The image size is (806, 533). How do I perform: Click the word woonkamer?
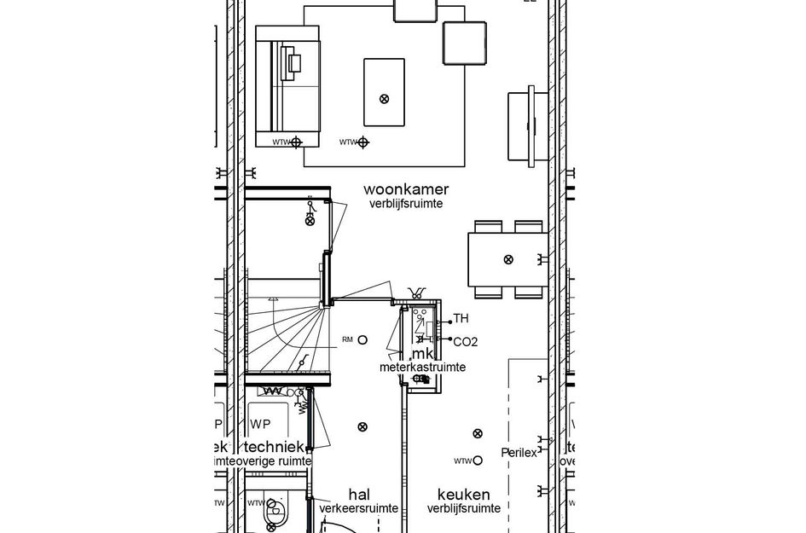pos(406,188)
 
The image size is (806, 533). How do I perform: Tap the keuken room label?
pos(464,494)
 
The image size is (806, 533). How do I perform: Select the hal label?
pos(359,494)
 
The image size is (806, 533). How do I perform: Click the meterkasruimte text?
pos(423,368)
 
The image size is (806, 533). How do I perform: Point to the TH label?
pos(461,319)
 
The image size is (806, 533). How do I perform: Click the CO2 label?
pos(465,342)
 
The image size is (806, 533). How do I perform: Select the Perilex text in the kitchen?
pos(519,453)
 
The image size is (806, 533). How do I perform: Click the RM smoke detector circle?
pos(362,339)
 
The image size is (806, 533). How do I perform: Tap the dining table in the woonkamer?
pos(507,259)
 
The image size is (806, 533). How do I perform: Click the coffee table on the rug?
pos(384,93)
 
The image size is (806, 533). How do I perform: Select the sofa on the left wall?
pos(287,89)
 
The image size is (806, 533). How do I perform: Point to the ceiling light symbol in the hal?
pos(362,426)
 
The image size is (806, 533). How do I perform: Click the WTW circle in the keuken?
pos(478,461)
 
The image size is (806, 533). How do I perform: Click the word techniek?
pos(275,447)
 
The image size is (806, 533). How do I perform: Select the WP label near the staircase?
pos(259,424)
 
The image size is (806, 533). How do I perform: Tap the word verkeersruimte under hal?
pos(358,508)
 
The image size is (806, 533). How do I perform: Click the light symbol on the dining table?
pos(508,258)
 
